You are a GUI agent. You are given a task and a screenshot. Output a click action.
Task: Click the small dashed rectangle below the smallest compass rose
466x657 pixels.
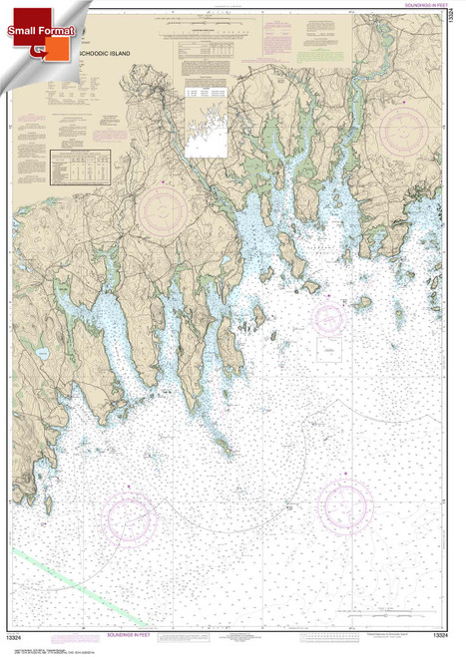point(329,350)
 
